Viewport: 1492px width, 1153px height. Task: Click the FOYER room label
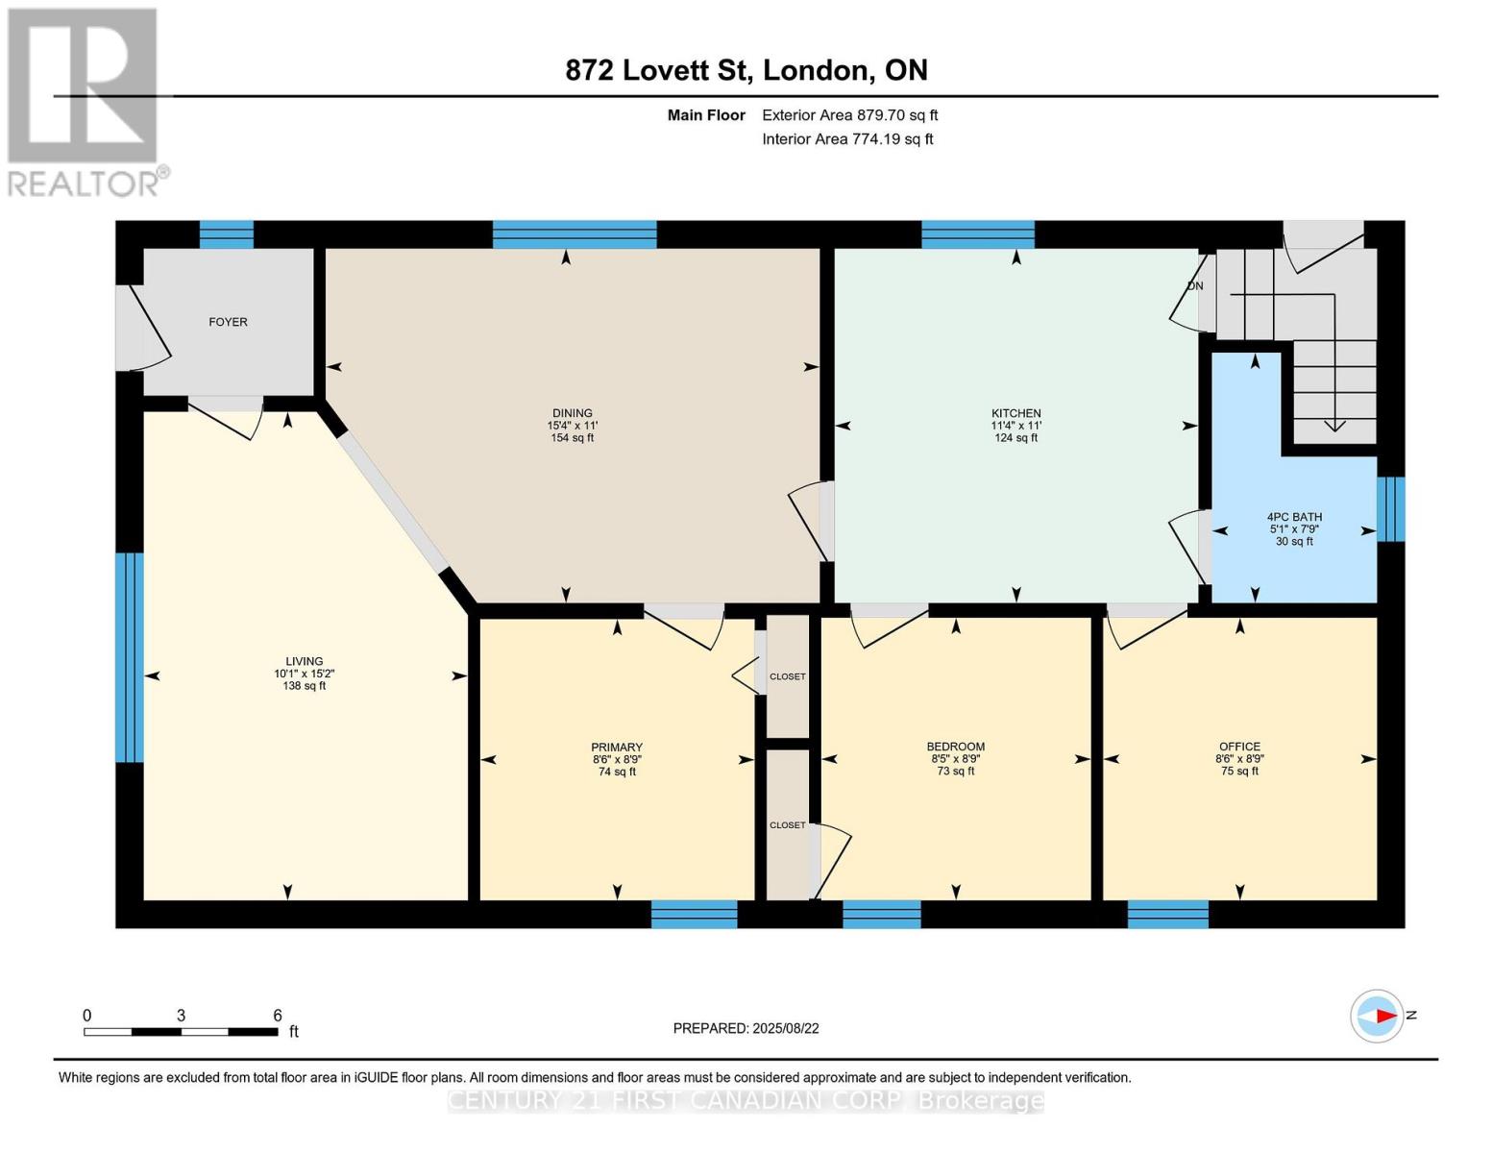tap(228, 322)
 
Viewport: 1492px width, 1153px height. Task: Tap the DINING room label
tap(572, 413)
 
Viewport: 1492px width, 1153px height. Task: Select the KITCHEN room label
tap(1015, 413)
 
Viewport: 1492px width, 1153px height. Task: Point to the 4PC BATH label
tap(1294, 517)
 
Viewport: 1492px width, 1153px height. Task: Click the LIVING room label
tap(304, 661)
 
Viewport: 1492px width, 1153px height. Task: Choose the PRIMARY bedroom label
tap(617, 748)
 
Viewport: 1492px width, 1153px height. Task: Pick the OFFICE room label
tap(1239, 747)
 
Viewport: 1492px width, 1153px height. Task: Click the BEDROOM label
tap(955, 747)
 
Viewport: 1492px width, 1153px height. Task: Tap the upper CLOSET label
tap(788, 676)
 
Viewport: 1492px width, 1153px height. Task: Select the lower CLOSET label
tap(787, 825)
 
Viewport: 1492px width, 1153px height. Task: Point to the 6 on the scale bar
tap(278, 1016)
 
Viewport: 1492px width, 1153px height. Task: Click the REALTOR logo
tap(85, 101)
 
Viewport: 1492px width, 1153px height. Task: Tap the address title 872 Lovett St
tap(746, 70)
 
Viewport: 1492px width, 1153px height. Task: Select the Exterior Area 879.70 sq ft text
tap(849, 115)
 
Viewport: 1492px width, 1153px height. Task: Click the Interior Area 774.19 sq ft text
tap(847, 139)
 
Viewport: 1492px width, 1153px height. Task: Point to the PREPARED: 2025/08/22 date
tap(746, 1028)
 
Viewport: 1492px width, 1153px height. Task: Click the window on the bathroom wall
tap(1390, 509)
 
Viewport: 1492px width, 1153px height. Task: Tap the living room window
tap(130, 657)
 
